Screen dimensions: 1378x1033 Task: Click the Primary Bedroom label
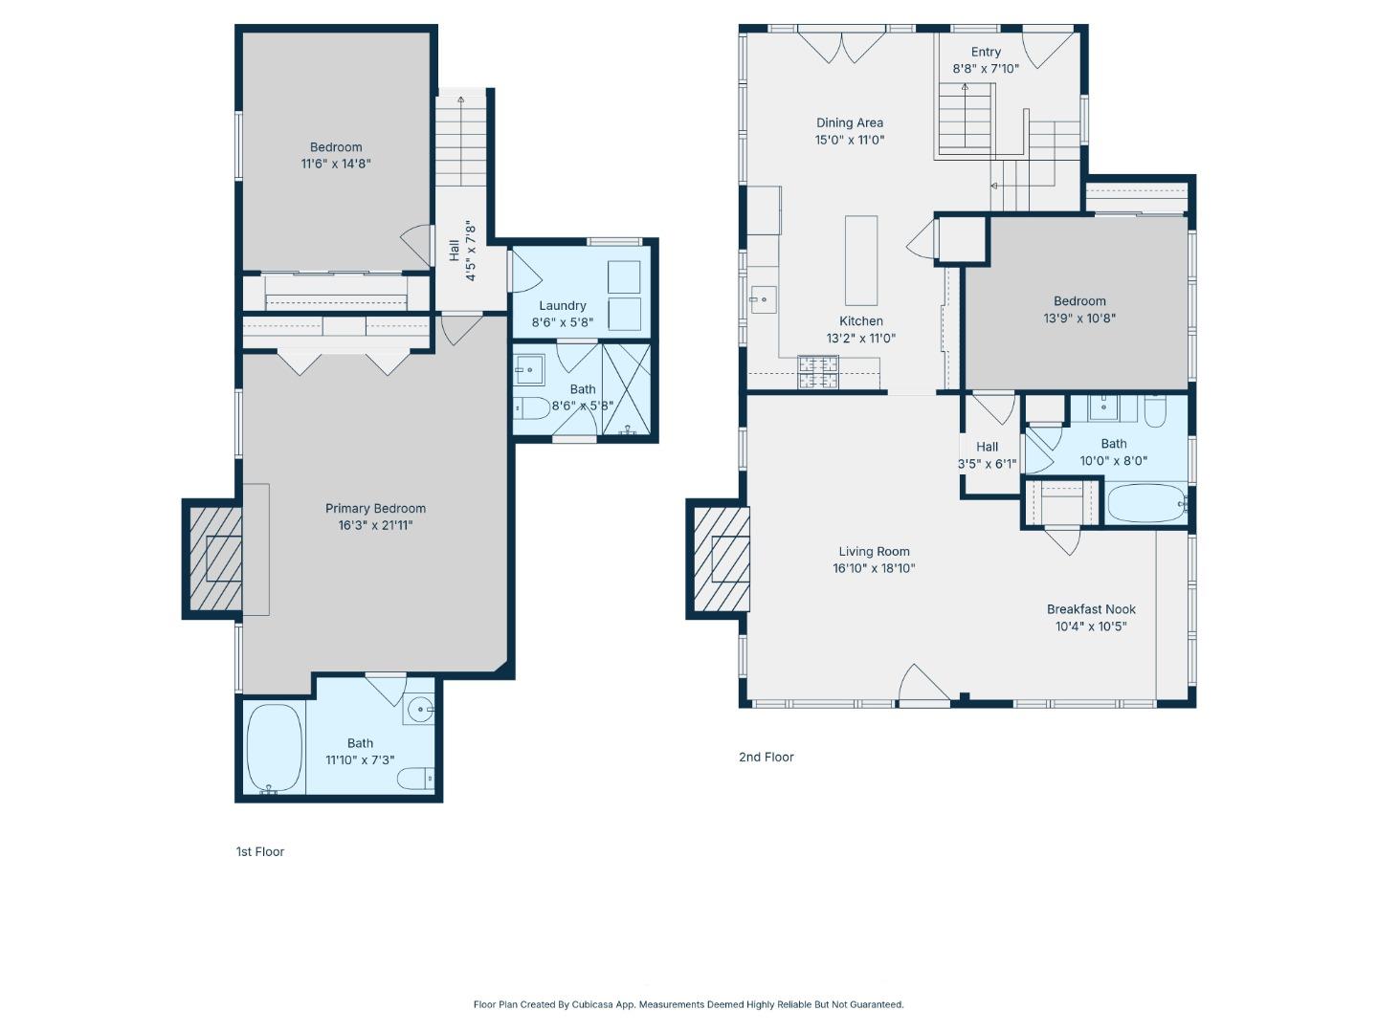click(375, 509)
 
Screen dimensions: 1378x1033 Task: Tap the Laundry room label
click(562, 305)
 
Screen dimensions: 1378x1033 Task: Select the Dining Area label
click(850, 123)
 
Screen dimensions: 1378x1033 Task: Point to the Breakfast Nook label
click(1091, 609)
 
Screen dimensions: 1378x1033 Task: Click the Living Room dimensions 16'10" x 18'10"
click(874, 568)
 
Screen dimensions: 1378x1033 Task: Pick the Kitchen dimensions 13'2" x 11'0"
click(860, 338)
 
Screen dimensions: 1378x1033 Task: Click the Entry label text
click(986, 52)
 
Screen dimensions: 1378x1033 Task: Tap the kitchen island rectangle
click(860, 260)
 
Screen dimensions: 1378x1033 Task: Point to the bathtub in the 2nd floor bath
click(1145, 502)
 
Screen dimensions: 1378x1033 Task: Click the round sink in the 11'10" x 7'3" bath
click(419, 710)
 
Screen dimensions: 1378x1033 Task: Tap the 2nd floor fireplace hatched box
click(722, 559)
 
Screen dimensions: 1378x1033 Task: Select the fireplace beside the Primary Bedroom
click(216, 559)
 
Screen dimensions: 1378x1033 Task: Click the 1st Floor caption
click(260, 851)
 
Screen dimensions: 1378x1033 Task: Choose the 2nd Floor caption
click(766, 757)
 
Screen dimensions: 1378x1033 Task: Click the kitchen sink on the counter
click(764, 299)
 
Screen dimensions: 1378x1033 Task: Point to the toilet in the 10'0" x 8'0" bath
click(1154, 411)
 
